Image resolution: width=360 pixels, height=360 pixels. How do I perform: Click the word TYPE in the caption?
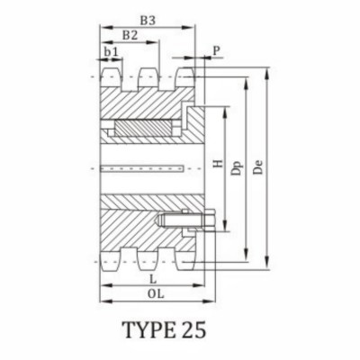point(155,330)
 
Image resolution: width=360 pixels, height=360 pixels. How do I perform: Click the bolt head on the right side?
point(209,221)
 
